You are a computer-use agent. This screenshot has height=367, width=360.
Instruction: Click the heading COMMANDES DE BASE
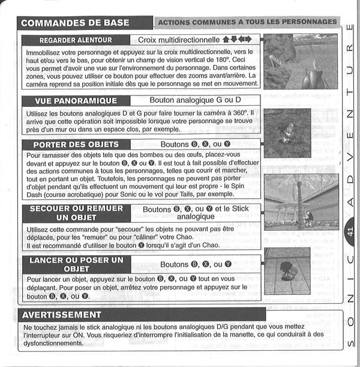tap(75, 23)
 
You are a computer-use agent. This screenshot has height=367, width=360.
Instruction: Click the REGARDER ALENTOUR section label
tap(75, 40)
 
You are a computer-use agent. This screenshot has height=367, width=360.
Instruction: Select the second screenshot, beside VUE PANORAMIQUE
tap(287, 132)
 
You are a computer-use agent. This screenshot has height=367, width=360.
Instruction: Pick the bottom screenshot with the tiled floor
tap(287, 271)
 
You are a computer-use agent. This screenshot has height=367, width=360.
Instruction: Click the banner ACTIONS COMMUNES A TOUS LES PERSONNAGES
tap(248, 22)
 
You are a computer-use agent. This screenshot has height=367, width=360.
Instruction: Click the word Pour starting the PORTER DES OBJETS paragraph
tap(34, 155)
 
